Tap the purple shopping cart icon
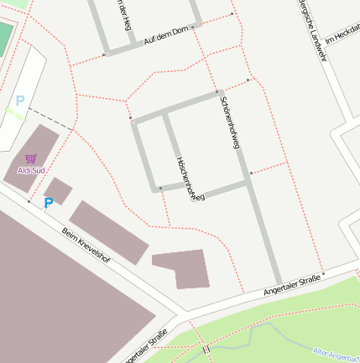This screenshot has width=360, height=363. pyautogui.click(x=31, y=158)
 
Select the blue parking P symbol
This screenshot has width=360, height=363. pyautogui.click(x=48, y=202)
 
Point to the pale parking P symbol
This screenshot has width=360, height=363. pyautogui.click(x=19, y=101)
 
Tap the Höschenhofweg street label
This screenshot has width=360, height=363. pyautogui.click(x=190, y=179)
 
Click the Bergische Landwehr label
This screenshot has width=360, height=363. pyautogui.click(x=310, y=23)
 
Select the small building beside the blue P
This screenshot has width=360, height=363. pyautogui.click(x=57, y=190)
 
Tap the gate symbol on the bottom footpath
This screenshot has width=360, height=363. pyautogui.click(x=205, y=347)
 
